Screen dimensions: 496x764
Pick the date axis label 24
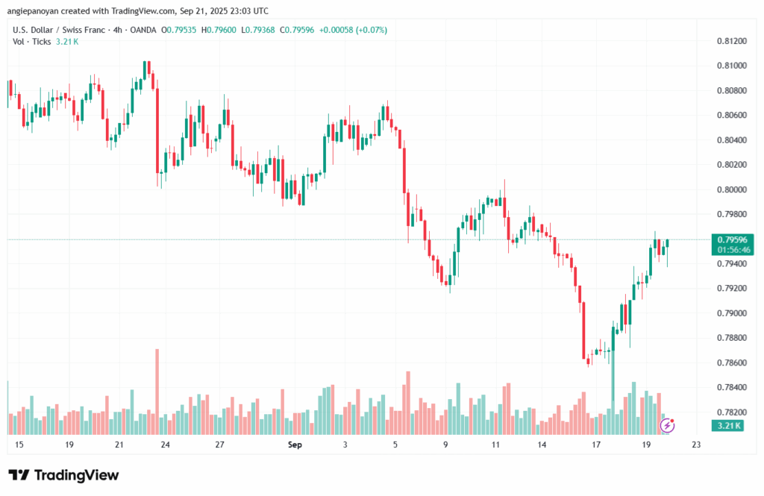pyautogui.click(x=165, y=445)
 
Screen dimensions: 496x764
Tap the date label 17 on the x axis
pyautogui.click(x=596, y=445)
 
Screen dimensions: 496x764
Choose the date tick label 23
pyautogui.click(x=696, y=445)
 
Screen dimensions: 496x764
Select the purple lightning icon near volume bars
pyautogui.click(x=668, y=425)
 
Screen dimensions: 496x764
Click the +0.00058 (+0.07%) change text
pyautogui.click(x=353, y=30)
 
